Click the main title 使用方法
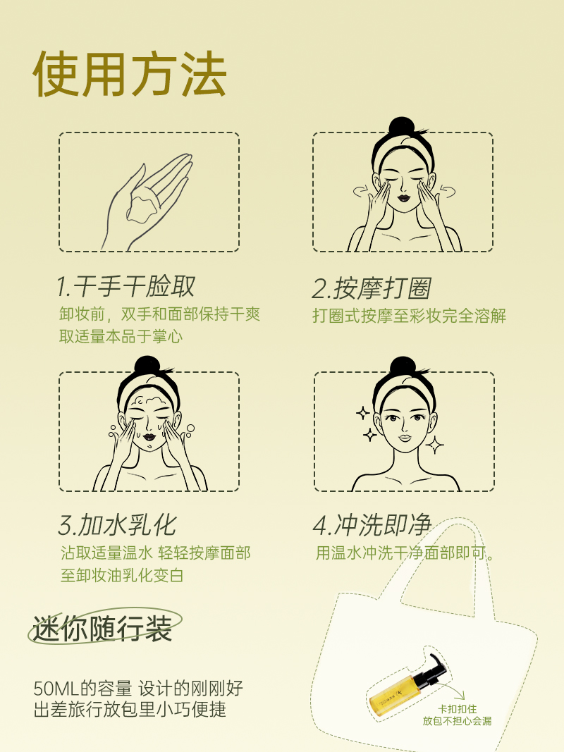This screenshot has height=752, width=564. pos(130,74)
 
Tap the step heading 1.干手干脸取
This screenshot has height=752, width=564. pos(125,286)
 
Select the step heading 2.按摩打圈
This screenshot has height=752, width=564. pos(372,288)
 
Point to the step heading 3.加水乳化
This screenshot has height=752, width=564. pos(117,524)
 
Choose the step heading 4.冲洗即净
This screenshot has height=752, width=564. pos(372,524)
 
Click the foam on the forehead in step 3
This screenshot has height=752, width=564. pos(149,401)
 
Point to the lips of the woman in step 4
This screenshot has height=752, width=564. pos(405,438)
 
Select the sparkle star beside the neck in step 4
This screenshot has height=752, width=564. pos(435,445)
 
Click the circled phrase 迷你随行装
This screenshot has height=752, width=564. pos(102,628)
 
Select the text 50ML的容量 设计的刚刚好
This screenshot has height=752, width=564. pos(138,688)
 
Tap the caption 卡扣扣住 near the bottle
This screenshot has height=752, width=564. pos(457,709)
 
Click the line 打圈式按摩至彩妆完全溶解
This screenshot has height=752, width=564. pos(409,316)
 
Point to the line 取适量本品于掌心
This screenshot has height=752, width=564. pos(121,336)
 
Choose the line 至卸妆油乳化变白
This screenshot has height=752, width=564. pos(122,575)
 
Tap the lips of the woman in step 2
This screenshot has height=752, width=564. pos(403,197)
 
